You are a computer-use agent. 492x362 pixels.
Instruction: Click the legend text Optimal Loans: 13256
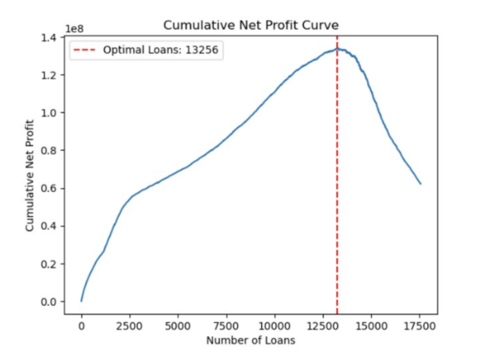[x=160, y=50]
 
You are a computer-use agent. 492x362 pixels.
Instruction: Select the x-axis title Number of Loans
[x=251, y=341]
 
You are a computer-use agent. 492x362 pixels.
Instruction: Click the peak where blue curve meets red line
[x=337, y=49]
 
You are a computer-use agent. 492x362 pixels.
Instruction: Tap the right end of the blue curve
[x=421, y=184]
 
